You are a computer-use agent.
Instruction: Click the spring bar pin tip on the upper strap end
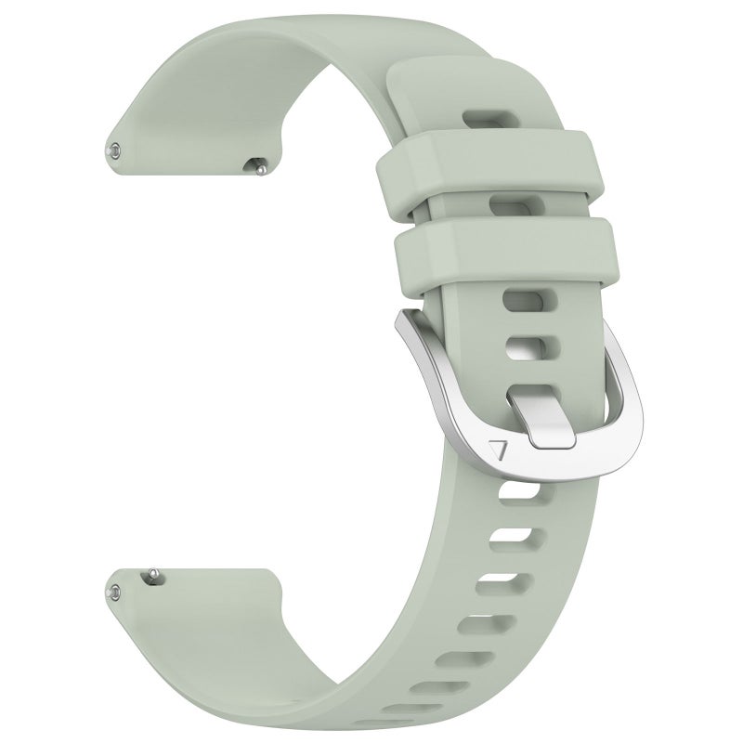[113, 148]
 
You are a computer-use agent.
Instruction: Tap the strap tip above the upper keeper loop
[455, 79]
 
